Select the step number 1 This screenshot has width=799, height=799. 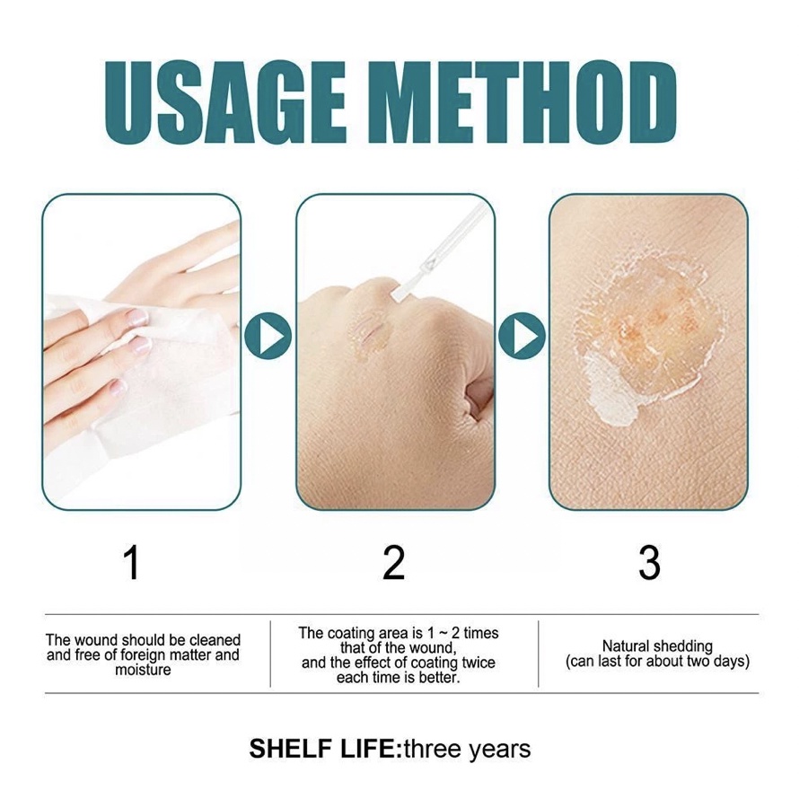click(131, 563)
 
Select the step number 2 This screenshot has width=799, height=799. click(393, 563)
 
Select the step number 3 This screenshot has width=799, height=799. click(649, 563)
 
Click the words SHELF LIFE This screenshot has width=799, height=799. click(321, 749)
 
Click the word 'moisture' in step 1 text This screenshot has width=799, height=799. click(143, 670)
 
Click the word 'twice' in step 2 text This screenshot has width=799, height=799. click(478, 663)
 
